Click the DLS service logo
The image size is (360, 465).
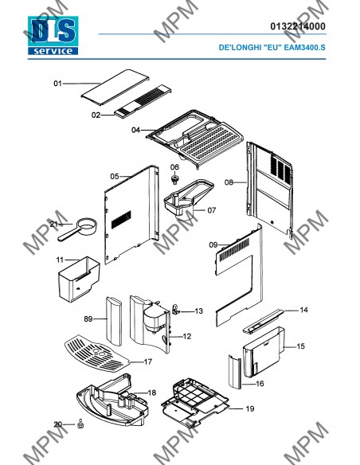(53, 35)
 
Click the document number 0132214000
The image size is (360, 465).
(297, 26)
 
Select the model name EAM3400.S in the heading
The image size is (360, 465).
(304, 48)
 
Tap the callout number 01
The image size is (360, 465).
(57, 84)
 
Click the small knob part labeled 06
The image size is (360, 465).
(174, 179)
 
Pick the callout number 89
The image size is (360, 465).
(88, 319)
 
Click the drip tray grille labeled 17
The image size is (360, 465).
(97, 354)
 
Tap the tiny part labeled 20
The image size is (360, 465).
(80, 424)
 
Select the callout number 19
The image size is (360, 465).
(250, 409)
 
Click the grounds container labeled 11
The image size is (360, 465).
(79, 279)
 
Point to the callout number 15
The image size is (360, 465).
(300, 346)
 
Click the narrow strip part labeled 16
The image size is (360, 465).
(235, 371)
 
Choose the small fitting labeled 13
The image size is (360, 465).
(175, 310)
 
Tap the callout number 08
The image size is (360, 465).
(229, 182)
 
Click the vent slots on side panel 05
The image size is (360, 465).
(121, 220)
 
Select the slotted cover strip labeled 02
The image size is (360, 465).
(143, 101)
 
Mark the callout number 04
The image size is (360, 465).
(135, 131)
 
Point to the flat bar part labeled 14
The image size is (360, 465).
(264, 322)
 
